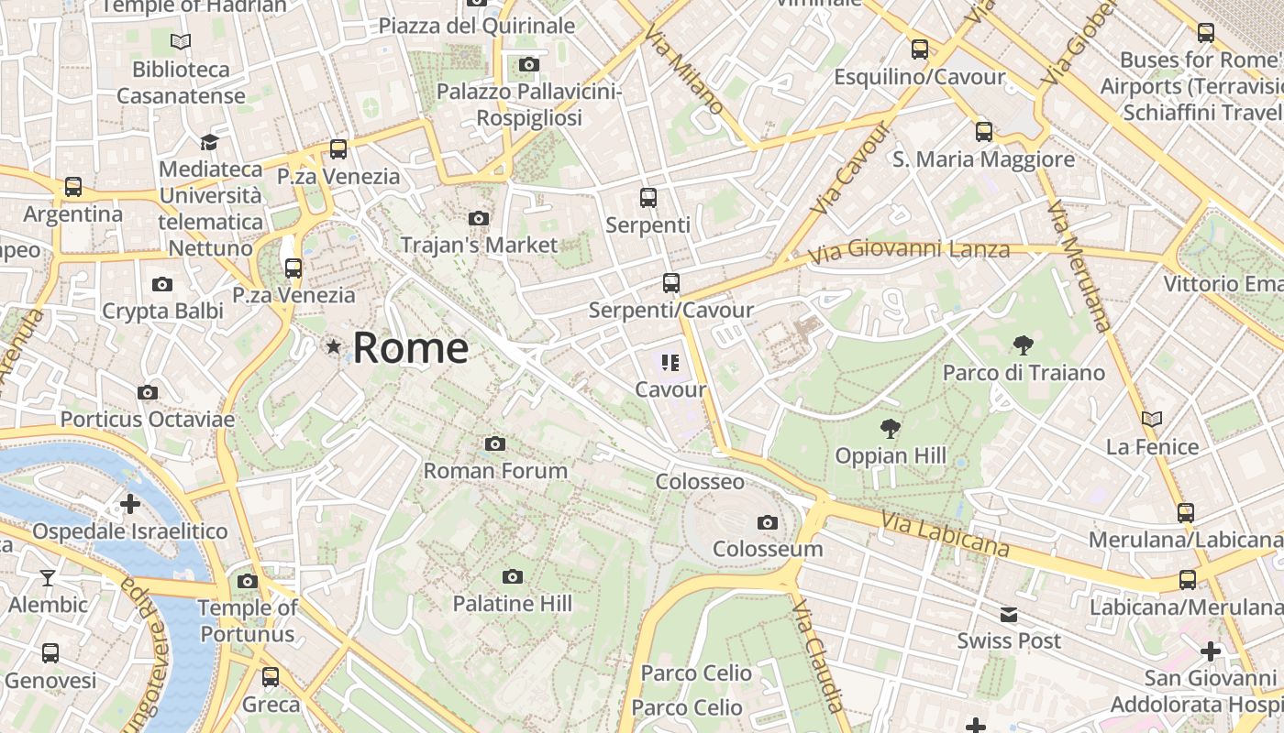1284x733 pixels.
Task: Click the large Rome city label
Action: tap(410, 348)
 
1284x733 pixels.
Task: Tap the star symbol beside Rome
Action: tap(334, 347)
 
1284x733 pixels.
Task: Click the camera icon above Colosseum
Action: tap(768, 523)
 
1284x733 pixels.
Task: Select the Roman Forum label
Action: tap(495, 471)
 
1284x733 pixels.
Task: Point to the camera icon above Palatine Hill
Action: tap(513, 576)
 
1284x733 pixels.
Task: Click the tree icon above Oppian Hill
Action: tap(889, 428)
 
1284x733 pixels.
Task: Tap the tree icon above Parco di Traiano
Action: tap(1023, 345)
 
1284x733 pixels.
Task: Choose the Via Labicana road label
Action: tap(945, 534)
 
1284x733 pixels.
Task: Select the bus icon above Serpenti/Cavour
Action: tap(671, 283)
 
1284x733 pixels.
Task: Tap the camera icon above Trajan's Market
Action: tap(478, 218)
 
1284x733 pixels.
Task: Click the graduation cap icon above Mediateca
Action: tap(210, 142)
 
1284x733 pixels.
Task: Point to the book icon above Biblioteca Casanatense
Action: tap(181, 41)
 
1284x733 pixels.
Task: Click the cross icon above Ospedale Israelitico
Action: tap(130, 504)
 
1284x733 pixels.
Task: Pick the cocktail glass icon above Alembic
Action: tap(48, 578)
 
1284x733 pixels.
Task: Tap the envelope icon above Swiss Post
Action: tap(1009, 614)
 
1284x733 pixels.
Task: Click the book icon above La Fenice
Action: tap(1152, 419)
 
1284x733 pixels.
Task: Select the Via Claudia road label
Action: tap(817, 655)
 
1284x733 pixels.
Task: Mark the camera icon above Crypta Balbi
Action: tap(162, 284)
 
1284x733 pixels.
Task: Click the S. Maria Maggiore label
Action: tap(983, 159)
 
